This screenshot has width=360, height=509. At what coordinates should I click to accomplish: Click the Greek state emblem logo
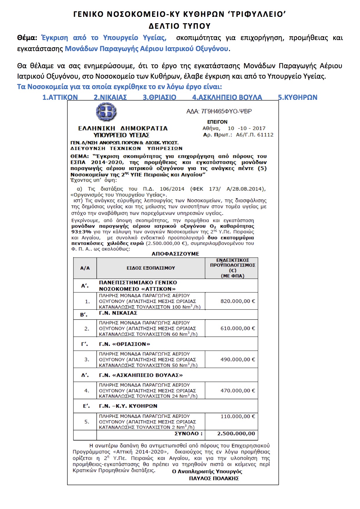pyautogui.click(x=106, y=112)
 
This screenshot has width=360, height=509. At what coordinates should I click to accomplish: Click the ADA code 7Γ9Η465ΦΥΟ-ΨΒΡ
pyautogui.click(x=219, y=111)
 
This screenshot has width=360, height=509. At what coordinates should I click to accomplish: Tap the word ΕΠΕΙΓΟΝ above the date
pyautogui.click(x=217, y=122)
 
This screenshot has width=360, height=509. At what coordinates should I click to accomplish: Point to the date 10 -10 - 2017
pyautogui.click(x=246, y=128)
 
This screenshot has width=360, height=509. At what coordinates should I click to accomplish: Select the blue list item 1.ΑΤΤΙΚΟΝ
pyautogui.click(x=60, y=98)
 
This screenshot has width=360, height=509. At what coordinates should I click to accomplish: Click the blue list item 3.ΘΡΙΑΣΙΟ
pyautogui.click(x=159, y=98)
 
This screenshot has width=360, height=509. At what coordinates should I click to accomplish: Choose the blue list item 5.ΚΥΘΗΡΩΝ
pyautogui.click(x=298, y=98)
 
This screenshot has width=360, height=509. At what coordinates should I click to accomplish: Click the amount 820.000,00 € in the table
pyautogui.click(x=237, y=301)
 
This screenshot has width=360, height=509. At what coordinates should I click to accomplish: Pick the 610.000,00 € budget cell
pyautogui.click(x=237, y=328)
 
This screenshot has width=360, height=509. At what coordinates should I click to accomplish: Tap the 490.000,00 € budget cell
pyautogui.click(x=237, y=360)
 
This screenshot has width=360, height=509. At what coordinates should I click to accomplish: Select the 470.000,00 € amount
pyautogui.click(x=237, y=391)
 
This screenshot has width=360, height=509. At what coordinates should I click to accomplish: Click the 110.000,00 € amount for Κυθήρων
pyautogui.click(x=237, y=416)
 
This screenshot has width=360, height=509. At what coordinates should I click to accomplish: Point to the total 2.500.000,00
pyautogui.click(x=236, y=434)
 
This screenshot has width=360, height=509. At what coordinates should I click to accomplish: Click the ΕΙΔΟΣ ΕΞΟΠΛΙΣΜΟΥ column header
pyautogui.click(x=151, y=268)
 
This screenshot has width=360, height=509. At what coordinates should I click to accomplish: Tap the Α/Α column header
pyautogui.click(x=85, y=268)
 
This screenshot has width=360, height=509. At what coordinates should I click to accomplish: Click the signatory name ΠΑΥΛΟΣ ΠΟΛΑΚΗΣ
pyautogui.click(x=214, y=479)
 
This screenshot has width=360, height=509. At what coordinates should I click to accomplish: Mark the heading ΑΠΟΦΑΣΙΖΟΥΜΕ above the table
pyautogui.click(x=175, y=254)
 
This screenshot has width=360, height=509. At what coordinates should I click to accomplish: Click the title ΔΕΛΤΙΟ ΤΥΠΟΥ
pyautogui.click(x=180, y=26)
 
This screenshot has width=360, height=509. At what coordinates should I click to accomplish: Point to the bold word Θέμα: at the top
pyautogui.click(x=27, y=38)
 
